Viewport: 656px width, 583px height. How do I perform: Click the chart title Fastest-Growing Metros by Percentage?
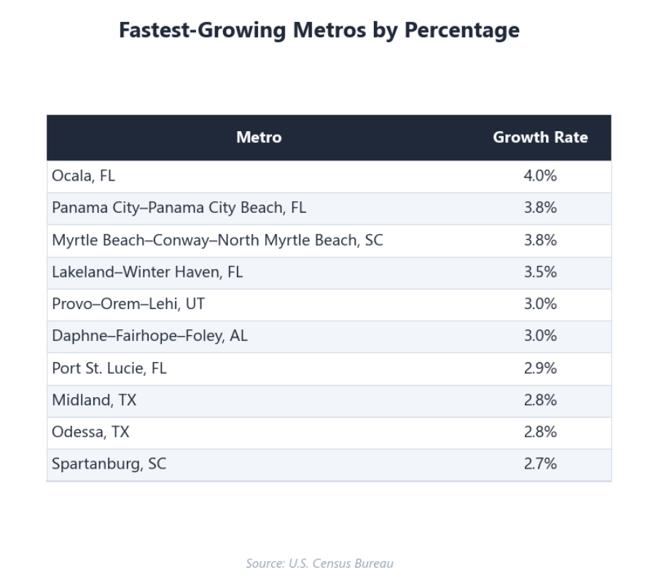pyautogui.click(x=319, y=31)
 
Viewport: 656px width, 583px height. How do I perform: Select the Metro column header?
pyautogui.click(x=259, y=138)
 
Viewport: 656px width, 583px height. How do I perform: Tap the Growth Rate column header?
pyautogui.click(x=540, y=138)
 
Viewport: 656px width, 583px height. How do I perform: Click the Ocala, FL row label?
pyautogui.click(x=84, y=176)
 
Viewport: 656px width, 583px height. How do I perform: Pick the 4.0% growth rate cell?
pyautogui.click(x=540, y=176)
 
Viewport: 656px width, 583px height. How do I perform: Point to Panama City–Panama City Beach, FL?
pyautogui.click(x=179, y=208)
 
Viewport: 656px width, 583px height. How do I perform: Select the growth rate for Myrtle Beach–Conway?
pyautogui.click(x=540, y=240)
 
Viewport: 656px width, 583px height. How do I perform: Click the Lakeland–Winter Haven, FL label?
pyautogui.click(x=147, y=272)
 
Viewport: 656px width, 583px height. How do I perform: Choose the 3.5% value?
pyautogui.click(x=540, y=272)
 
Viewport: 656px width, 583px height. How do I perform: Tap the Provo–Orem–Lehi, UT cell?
pyautogui.click(x=128, y=304)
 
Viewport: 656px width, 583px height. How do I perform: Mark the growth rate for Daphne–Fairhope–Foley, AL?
pyautogui.click(x=540, y=336)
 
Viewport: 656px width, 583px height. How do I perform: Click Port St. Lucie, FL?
pyautogui.click(x=109, y=368)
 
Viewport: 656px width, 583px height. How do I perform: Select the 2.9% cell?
pyautogui.click(x=540, y=368)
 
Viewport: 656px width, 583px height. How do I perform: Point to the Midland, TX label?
pyautogui.click(x=94, y=400)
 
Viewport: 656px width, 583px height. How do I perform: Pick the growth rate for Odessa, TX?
pyautogui.click(x=540, y=432)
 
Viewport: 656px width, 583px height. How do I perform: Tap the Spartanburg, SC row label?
pyautogui.click(x=109, y=464)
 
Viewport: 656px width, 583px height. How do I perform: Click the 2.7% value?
pyautogui.click(x=540, y=464)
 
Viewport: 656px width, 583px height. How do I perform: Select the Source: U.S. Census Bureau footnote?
pyautogui.click(x=319, y=563)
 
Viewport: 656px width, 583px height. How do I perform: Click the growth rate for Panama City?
pyautogui.click(x=540, y=208)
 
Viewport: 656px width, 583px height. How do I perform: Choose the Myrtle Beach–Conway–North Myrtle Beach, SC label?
pyautogui.click(x=217, y=240)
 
